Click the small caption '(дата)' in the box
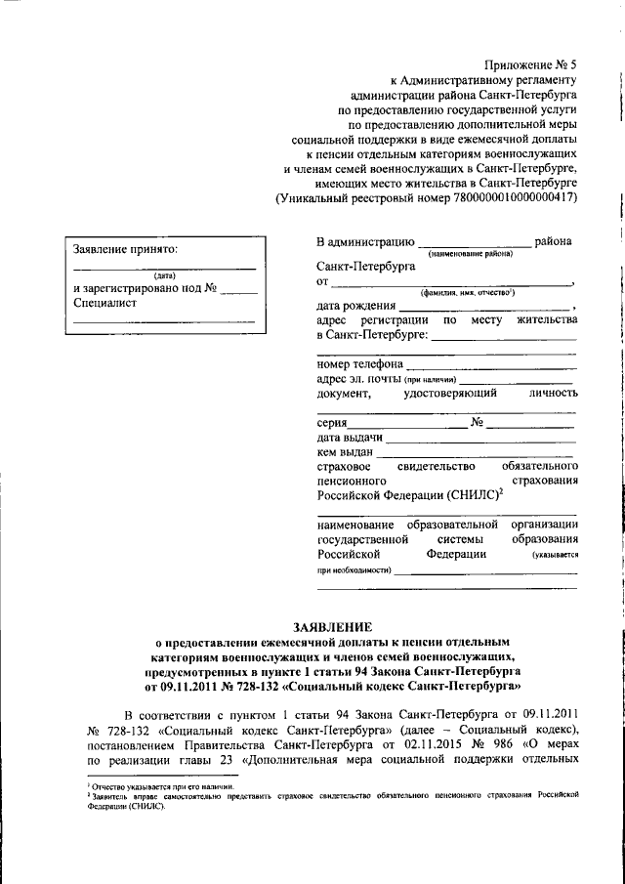(x=164, y=275)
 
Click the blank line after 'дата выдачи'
(x=479, y=441)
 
